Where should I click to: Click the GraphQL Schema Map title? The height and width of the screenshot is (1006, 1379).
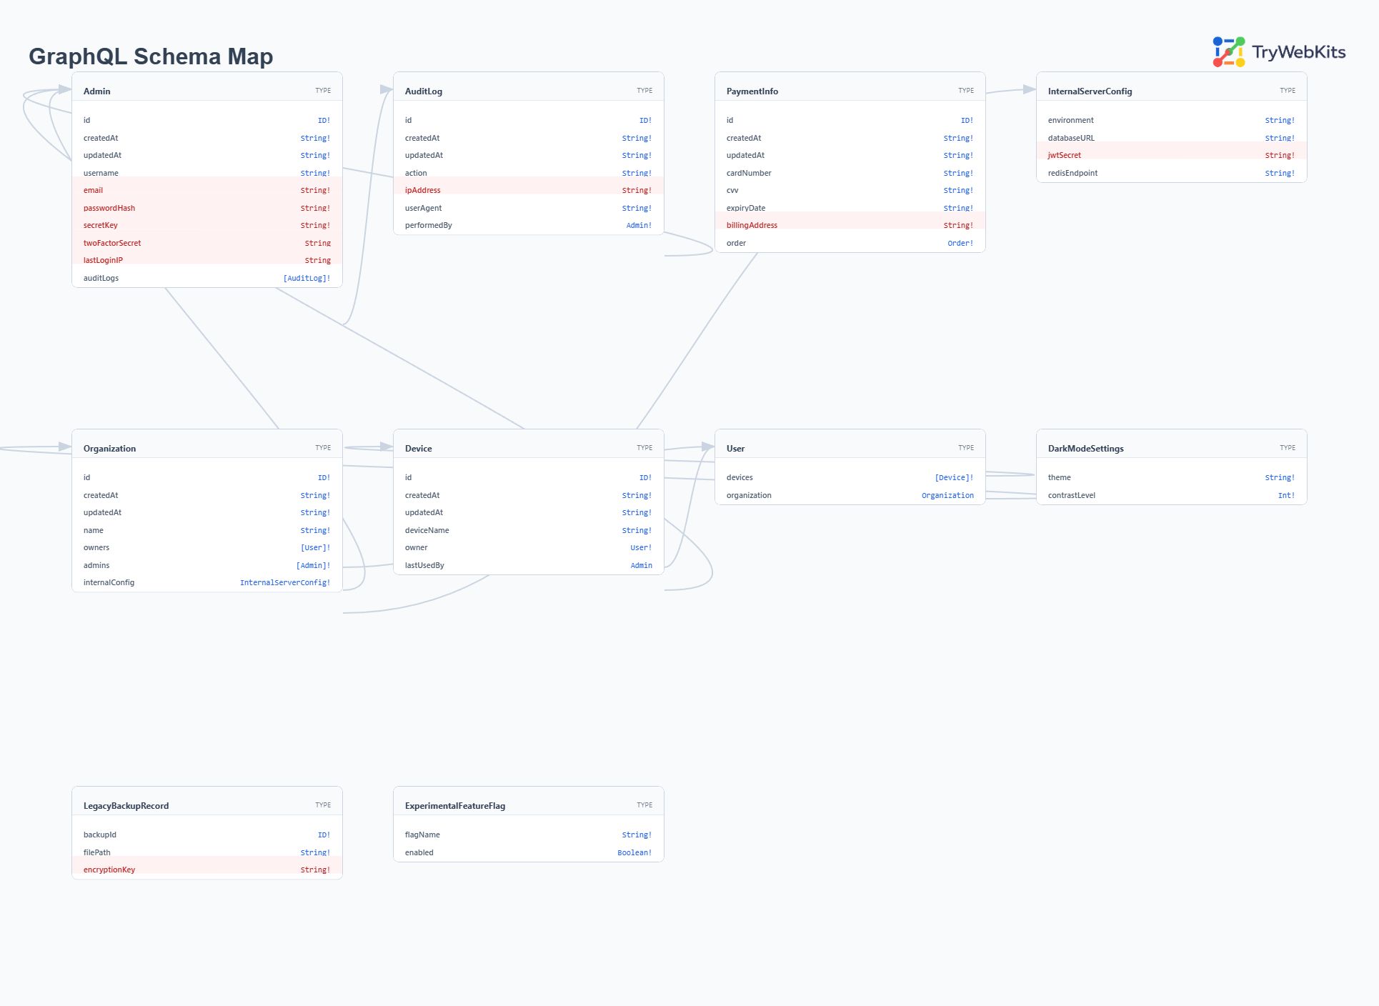(x=151, y=56)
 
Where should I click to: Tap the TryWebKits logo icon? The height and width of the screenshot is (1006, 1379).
(x=1228, y=52)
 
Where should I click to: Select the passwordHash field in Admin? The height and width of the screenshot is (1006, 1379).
(x=109, y=208)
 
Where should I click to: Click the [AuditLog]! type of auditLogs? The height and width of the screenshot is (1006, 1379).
(x=307, y=278)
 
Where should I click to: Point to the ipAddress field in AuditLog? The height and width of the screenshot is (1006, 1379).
(x=422, y=190)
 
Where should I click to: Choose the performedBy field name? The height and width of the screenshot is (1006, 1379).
(x=428, y=225)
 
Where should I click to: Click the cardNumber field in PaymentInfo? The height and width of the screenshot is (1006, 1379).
(x=749, y=173)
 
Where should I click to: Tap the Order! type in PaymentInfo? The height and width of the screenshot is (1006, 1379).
(x=960, y=243)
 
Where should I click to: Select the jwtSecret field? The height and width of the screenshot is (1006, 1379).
(x=1064, y=155)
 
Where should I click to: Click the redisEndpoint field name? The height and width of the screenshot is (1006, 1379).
(x=1072, y=173)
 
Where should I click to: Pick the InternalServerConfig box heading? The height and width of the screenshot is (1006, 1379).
(x=1090, y=91)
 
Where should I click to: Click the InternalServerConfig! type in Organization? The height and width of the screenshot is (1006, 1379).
(x=284, y=582)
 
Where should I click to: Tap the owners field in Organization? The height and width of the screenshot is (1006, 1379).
(x=96, y=547)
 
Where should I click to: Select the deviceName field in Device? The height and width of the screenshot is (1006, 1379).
(x=427, y=530)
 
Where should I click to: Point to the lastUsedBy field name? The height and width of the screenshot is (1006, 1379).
(x=424, y=565)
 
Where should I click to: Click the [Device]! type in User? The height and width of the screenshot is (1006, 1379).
(x=953, y=477)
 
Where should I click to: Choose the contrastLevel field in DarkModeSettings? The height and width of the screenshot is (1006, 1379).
(x=1071, y=495)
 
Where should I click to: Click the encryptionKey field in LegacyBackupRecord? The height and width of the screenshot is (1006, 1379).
(x=109, y=870)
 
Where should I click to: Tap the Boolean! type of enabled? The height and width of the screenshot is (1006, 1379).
(x=634, y=852)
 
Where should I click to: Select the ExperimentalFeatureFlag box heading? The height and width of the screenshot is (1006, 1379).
(x=454, y=805)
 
